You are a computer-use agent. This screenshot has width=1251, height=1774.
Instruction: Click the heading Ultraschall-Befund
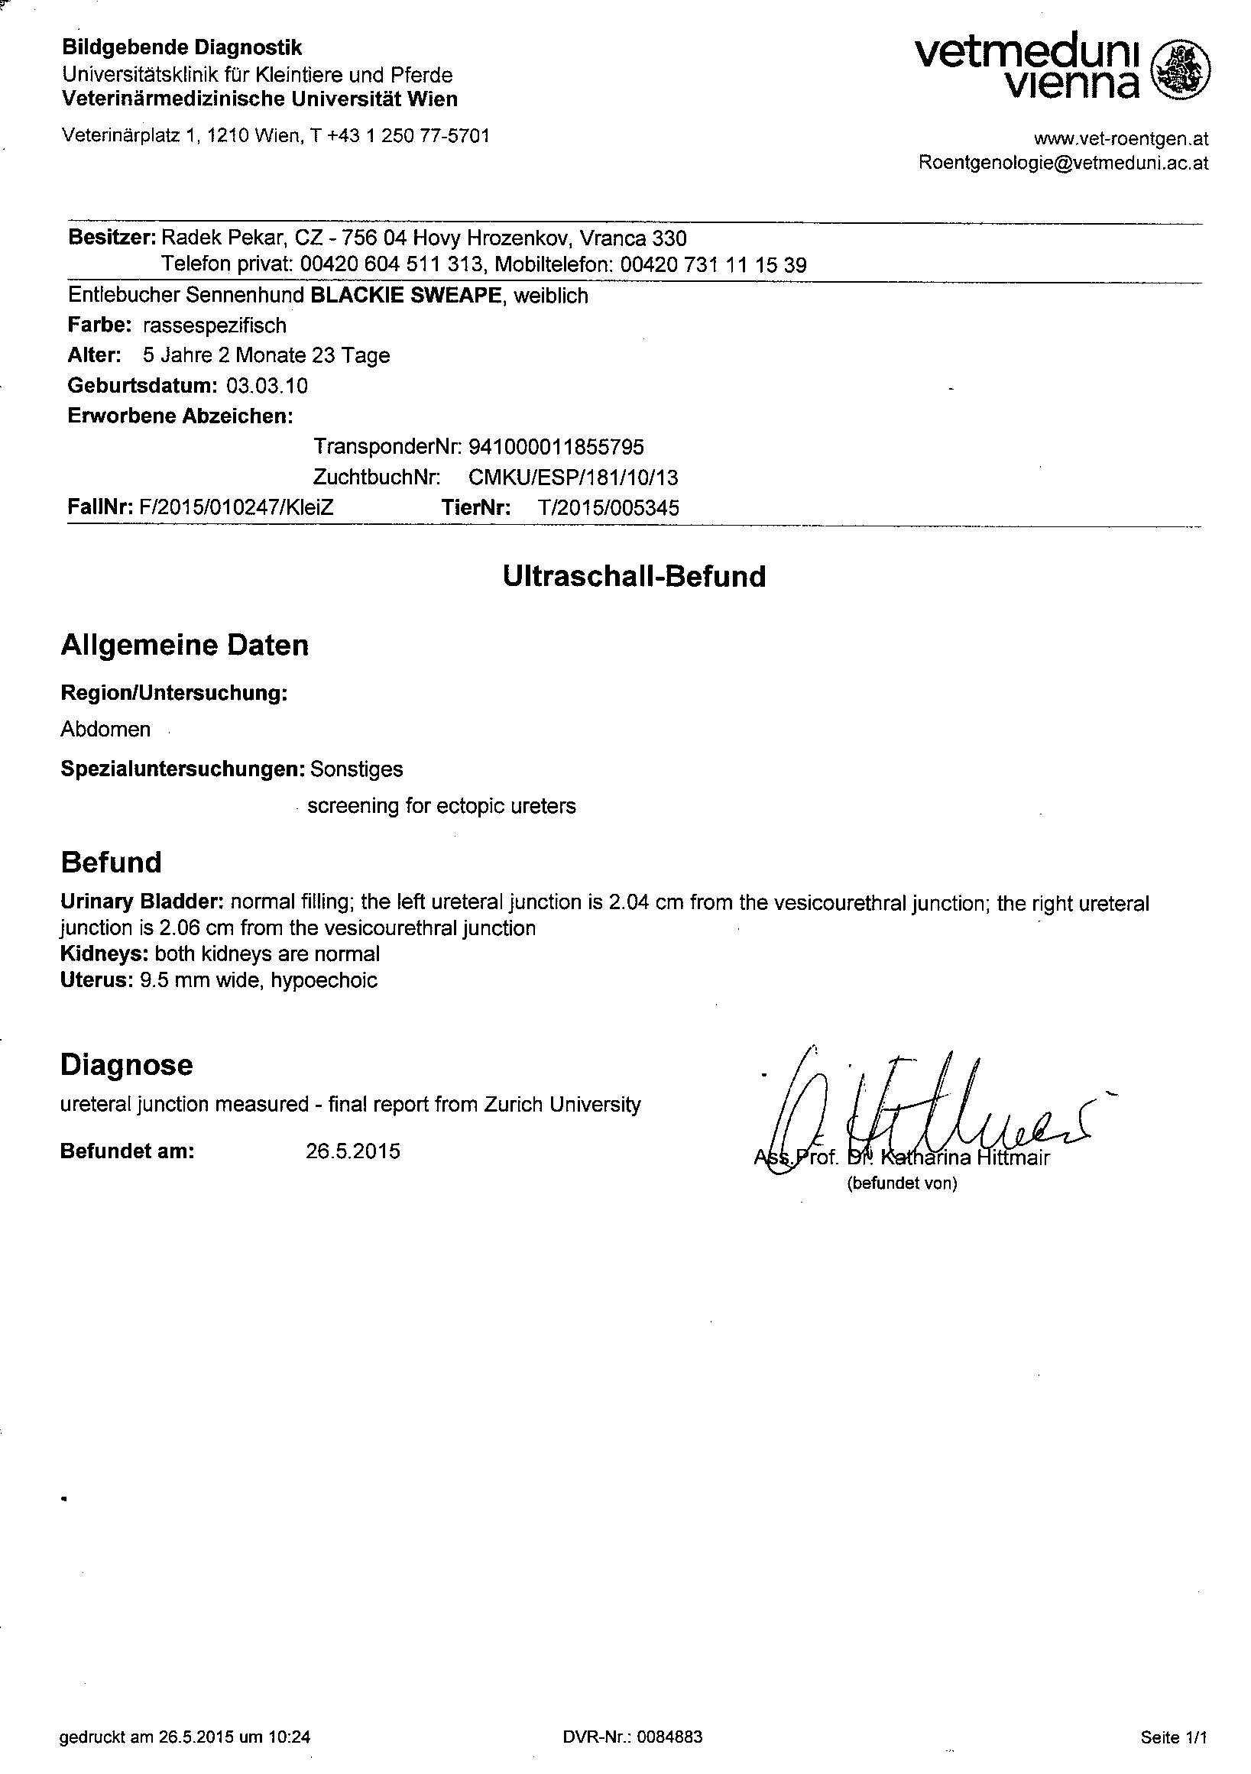point(634,576)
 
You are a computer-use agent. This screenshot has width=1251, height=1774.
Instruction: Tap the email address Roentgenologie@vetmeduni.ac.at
point(1063,163)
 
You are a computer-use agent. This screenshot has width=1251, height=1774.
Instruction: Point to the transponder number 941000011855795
point(556,447)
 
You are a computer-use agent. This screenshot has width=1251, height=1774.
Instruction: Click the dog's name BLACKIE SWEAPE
point(406,295)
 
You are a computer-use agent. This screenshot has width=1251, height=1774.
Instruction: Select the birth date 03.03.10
point(267,386)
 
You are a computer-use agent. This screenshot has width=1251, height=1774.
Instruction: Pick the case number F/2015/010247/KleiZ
point(236,507)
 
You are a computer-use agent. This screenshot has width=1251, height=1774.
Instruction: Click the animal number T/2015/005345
point(608,507)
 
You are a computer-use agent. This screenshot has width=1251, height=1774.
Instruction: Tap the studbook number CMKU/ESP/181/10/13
point(573,477)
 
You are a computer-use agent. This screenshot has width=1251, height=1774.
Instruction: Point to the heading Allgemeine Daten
point(185,645)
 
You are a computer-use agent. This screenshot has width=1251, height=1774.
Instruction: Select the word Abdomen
point(105,730)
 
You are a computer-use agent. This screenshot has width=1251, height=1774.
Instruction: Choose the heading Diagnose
point(126,1065)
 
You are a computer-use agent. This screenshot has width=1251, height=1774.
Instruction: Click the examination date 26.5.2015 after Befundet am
point(353,1151)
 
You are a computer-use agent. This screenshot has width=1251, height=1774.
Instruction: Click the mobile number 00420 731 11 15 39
point(713,265)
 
